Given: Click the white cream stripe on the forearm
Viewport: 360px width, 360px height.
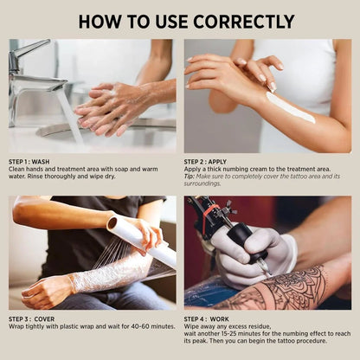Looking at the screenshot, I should (x=289, y=108).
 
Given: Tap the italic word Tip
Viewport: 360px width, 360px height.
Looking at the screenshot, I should (x=190, y=177).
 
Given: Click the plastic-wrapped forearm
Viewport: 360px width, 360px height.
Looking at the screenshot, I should (x=108, y=275).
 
